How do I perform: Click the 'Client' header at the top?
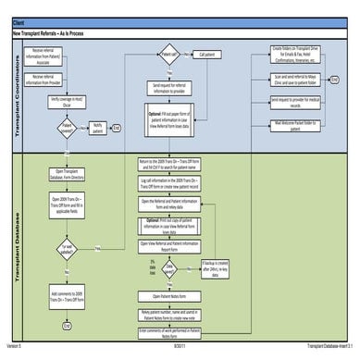[x=19, y=20]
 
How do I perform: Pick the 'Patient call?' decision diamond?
[x=169, y=54]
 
